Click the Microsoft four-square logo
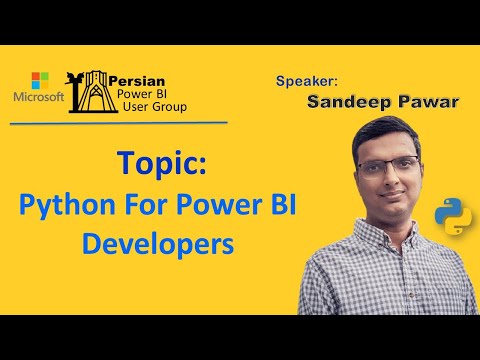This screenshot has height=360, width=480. coord(41,79)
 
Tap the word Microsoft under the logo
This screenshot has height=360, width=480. coord(39,97)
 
